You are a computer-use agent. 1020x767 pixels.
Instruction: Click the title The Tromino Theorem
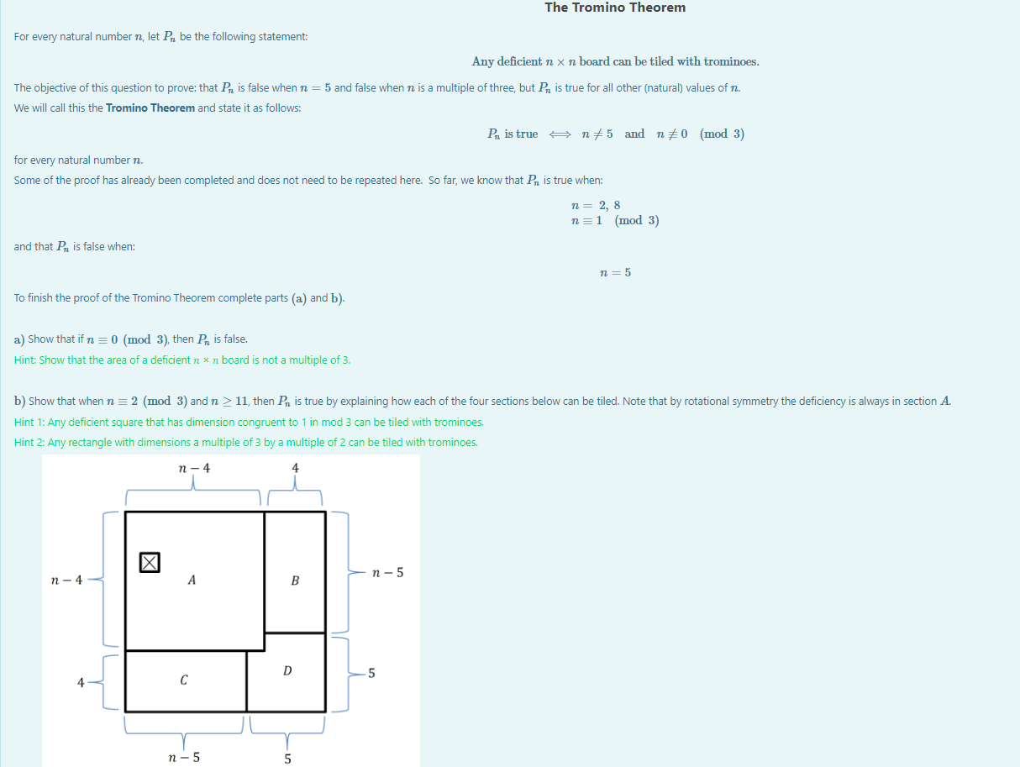[614, 8]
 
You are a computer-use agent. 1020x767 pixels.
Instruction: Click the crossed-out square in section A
[149, 562]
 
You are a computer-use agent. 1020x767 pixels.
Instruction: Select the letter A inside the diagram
[192, 580]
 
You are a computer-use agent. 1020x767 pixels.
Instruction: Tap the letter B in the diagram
[295, 581]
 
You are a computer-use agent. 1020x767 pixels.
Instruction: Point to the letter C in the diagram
[183, 681]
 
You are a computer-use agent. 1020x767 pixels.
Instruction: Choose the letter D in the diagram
[287, 670]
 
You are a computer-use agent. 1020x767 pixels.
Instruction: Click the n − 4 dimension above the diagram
[194, 468]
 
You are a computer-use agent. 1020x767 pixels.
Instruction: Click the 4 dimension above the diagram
[295, 468]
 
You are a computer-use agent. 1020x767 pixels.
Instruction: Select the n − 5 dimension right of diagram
[387, 573]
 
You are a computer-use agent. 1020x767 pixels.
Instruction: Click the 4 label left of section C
[81, 682]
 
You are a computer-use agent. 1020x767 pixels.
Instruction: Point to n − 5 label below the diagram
[184, 757]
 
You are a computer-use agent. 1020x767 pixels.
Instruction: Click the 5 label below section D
[287, 758]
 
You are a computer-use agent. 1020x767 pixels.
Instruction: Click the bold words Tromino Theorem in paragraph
[150, 108]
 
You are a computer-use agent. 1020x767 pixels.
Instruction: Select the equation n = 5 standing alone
[615, 272]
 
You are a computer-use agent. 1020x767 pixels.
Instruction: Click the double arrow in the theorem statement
[560, 134]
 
